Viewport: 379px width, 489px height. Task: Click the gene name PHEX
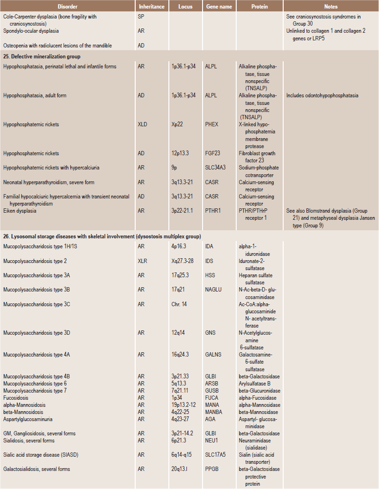point(212,124)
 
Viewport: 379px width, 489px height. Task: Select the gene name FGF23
point(213,153)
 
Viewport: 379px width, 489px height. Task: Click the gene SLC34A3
point(217,168)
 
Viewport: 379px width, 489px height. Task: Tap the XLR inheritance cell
point(143,261)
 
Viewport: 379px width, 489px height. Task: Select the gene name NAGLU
point(214,290)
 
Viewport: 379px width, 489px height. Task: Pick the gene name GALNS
point(214,354)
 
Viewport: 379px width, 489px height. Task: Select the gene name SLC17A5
point(217,455)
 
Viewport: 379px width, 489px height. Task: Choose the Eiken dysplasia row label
point(20,211)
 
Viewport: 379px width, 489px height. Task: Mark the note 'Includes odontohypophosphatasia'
point(322,95)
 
